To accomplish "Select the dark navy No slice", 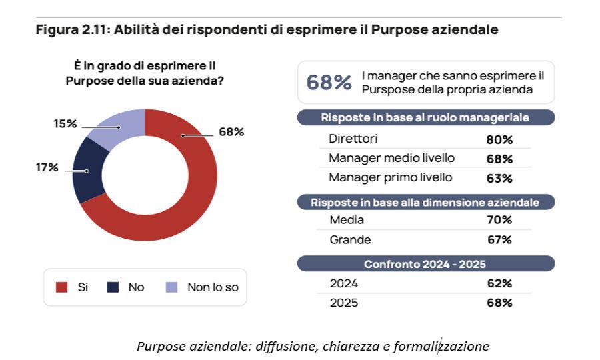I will click(87, 170).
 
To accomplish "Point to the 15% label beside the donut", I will click(65, 124).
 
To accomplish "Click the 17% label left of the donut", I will click(47, 167).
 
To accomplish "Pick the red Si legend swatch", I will click(62, 287).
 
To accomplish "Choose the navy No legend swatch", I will click(113, 287).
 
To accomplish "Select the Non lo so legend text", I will click(212, 287).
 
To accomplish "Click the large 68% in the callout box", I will click(329, 83).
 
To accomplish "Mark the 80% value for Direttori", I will click(499, 140).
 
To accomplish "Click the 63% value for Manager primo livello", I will click(499, 178).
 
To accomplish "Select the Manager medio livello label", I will click(391, 159).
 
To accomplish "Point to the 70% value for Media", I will click(499, 220).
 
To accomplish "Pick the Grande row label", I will click(350, 239).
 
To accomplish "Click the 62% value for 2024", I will click(499, 283).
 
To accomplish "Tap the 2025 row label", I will click(343, 303).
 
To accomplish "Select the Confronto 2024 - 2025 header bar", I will click(425, 263).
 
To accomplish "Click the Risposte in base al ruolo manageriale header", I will click(425, 118).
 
